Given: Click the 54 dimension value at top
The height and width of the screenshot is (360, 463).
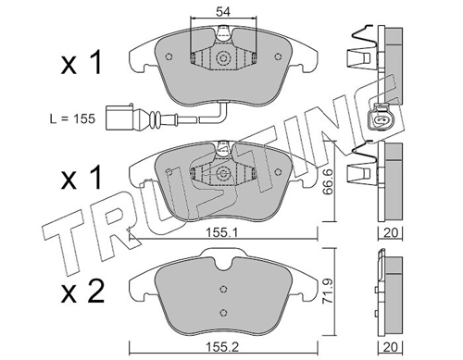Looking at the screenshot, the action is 223,12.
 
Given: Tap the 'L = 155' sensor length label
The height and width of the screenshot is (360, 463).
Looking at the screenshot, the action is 72,118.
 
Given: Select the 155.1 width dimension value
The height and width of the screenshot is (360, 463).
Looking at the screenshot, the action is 222,233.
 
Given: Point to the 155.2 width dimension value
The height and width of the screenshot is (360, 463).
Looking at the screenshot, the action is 222,348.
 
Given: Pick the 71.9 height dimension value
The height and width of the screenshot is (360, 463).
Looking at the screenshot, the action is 328,292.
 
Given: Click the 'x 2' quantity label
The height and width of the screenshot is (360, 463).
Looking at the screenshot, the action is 83,292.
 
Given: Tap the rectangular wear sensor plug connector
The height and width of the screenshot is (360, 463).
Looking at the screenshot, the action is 119,118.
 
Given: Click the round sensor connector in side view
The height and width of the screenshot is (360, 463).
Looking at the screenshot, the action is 381,118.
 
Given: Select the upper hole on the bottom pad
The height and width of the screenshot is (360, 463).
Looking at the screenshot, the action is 223,289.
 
